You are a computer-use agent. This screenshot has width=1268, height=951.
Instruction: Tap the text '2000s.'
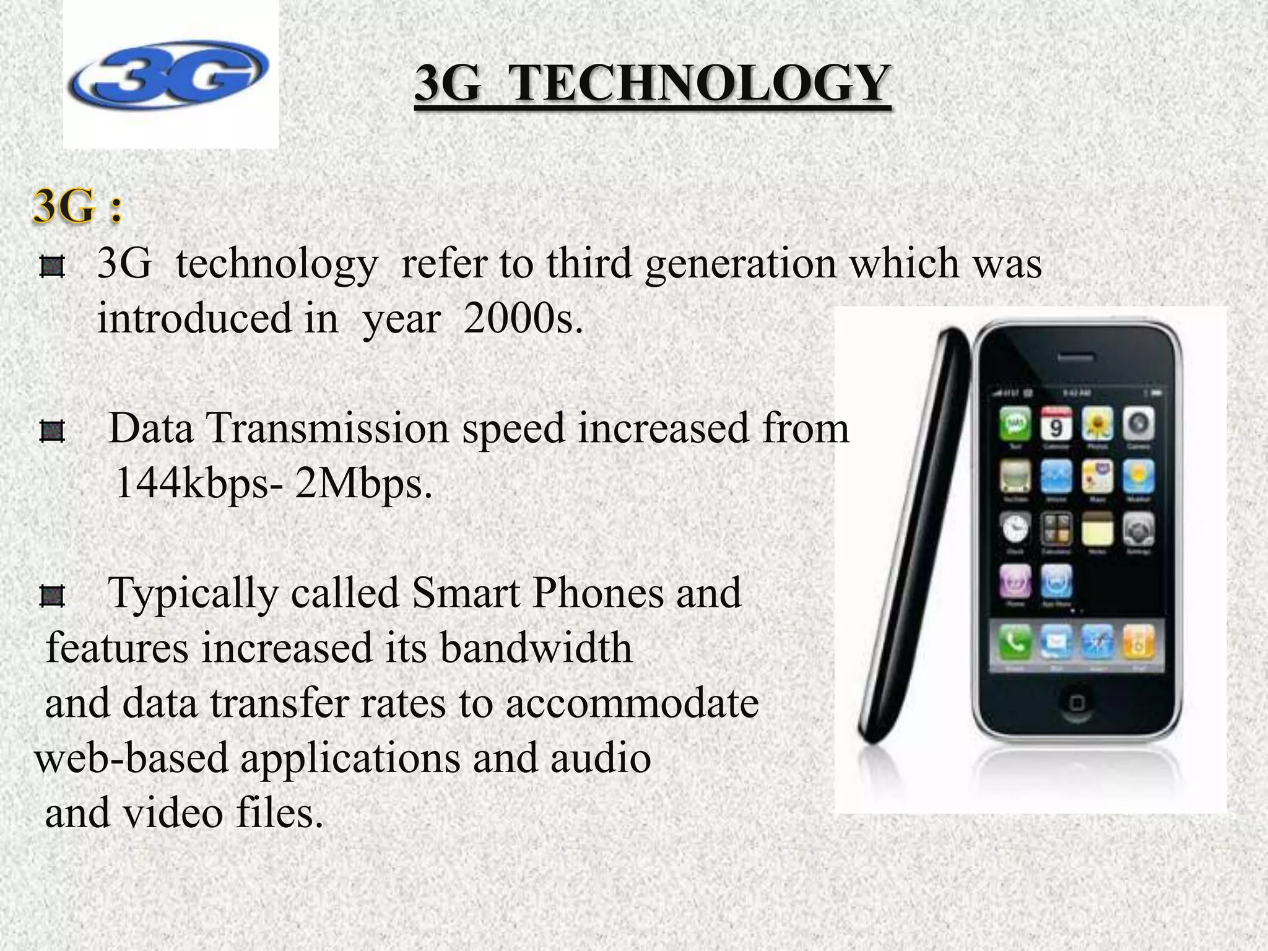point(523,318)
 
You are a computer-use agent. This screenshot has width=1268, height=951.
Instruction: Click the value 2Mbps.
point(363,483)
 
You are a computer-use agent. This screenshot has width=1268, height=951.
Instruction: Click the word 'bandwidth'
point(536,648)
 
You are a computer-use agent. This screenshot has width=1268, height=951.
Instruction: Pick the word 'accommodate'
point(632,703)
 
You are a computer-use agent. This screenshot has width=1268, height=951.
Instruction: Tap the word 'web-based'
point(131,758)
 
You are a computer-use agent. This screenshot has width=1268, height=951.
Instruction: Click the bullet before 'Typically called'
point(52,597)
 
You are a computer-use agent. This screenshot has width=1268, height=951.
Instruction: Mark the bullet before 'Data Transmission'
point(52,432)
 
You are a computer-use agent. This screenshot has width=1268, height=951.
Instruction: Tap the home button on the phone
point(1077,703)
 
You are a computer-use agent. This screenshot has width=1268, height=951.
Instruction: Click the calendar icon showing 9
point(1057,424)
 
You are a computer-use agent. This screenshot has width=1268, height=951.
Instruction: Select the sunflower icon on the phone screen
point(1098,424)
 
